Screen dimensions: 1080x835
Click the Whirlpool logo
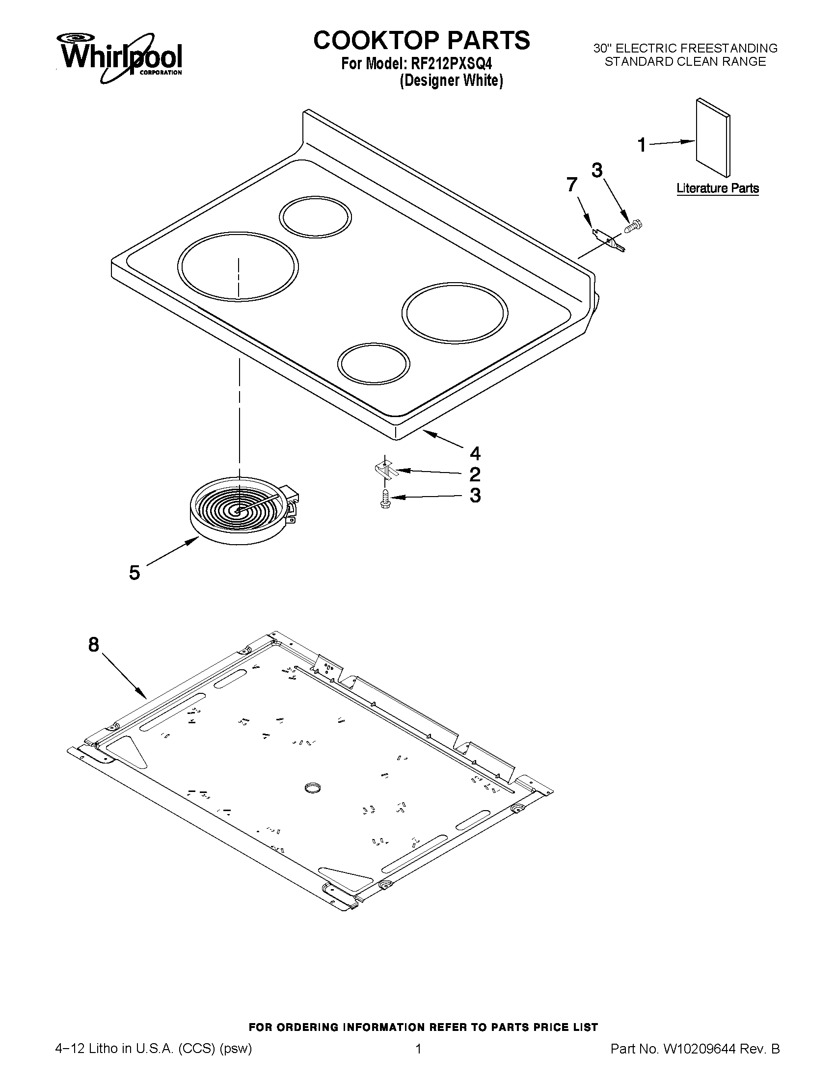[x=121, y=57]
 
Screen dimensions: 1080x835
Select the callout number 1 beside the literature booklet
[x=642, y=145]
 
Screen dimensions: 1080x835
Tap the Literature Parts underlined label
[x=717, y=188]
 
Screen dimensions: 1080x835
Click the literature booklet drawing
[x=712, y=137]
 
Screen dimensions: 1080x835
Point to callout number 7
[x=572, y=185]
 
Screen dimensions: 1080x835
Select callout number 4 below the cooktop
[x=475, y=453]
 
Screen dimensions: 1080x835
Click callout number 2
[x=474, y=474]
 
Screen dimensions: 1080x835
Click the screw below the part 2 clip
[x=384, y=499]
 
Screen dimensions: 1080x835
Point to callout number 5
[x=135, y=573]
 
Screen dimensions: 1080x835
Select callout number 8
[x=94, y=645]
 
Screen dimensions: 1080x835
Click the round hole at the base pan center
[x=313, y=788]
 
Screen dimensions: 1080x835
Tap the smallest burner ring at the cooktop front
[x=374, y=364]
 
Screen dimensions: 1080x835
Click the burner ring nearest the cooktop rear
[x=316, y=217]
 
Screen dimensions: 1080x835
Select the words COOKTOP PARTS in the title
[x=422, y=40]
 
